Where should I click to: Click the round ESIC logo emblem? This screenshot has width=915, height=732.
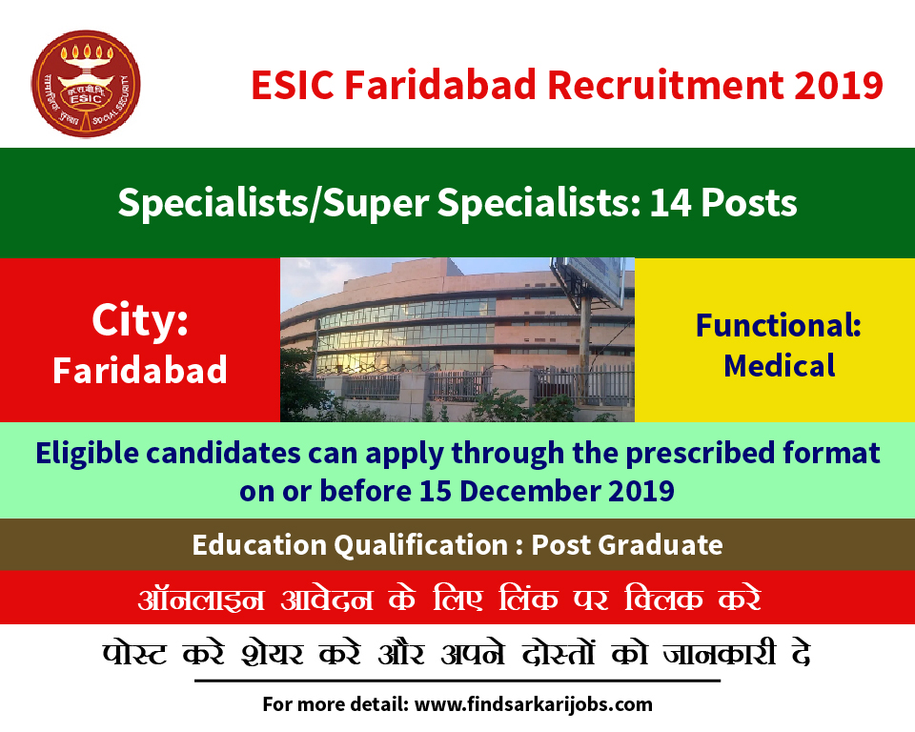click(86, 84)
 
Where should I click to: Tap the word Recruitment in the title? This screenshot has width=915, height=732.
click(665, 85)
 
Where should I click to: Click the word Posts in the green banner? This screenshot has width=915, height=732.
click(749, 203)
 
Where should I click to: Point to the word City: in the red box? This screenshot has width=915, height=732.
click(140, 320)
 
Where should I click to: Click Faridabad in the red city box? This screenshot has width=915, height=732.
click(140, 370)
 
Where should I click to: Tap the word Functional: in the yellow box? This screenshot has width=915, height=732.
click(779, 325)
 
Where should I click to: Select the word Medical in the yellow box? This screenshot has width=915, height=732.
click(780, 366)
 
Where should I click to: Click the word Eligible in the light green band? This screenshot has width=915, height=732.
click(87, 454)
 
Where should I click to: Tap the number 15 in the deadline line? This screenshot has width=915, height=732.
click(436, 491)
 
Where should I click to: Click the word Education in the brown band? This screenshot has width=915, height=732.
click(259, 545)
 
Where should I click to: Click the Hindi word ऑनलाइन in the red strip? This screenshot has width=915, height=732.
click(201, 599)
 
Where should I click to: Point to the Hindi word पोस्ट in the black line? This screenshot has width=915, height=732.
click(134, 653)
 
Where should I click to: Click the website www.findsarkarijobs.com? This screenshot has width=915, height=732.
click(534, 704)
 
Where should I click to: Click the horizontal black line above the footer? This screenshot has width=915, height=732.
click(457, 681)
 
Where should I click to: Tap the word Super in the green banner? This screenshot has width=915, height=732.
click(376, 204)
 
